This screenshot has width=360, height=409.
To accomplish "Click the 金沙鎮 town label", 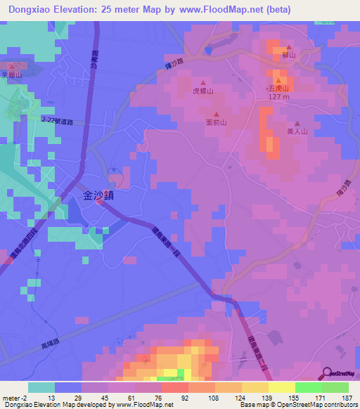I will coord(94,197).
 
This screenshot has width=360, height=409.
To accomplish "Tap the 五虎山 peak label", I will coord(278,89).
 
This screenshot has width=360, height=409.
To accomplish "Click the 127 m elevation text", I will coord(279,98).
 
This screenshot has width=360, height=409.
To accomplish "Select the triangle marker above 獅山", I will coord(288,47).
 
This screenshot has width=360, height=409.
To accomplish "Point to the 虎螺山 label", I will coord(203,91).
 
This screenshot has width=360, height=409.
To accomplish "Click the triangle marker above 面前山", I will coord(217,115).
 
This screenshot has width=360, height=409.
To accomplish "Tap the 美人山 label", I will coord(298,131).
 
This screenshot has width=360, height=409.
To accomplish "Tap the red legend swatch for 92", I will coord(175,387).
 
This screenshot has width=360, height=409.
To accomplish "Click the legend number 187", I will coord(347,398).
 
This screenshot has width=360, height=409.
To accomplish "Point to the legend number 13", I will coord(53,398).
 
